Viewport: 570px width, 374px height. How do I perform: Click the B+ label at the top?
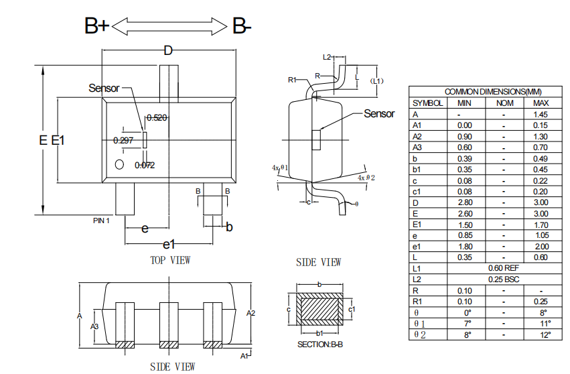pyautogui.click(x=96, y=26)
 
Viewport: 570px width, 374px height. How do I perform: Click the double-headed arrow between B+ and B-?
pyautogui.click(x=169, y=26)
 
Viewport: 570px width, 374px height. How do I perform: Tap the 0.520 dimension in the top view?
pyautogui.click(x=157, y=117)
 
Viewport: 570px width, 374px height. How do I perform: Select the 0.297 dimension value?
pyautogui.click(x=123, y=140)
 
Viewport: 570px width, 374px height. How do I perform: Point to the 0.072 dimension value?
pyautogui.click(x=145, y=165)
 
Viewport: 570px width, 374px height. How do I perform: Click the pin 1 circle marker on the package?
pyautogui.click(x=119, y=164)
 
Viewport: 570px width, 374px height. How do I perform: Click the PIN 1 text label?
pyautogui.click(x=101, y=221)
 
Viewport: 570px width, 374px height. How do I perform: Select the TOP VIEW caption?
pyautogui.click(x=170, y=260)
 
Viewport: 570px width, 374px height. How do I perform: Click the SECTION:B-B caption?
pyautogui.click(x=320, y=344)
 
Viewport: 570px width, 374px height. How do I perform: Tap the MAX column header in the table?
pyautogui.click(x=541, y=103)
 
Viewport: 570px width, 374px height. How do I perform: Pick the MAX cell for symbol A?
pyautogui.click(x=540, y=114)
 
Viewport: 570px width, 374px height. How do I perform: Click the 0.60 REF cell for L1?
pyautogui.click(x=504, y=268)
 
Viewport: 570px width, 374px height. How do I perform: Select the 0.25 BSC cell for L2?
pyautogui.click(x=504, y=279)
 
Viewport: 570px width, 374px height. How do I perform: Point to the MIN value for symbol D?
pyautogui.click(x=465, y=202)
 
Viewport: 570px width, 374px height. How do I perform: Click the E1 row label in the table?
pyautogui.click(x=417, y=225)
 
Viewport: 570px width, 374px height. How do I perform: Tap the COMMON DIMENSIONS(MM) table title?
pyautogui.click(x=493, y=91)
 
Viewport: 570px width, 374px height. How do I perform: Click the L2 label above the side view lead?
pyautogui.click(x=327, y=57)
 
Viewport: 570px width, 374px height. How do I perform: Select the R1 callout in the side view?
pyautogui.click(x=292, y=80)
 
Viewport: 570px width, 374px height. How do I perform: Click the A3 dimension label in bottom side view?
pyautogui.click(x=94, y=326)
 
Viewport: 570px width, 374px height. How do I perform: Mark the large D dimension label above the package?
pyautogui.click(x=168, y=50)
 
